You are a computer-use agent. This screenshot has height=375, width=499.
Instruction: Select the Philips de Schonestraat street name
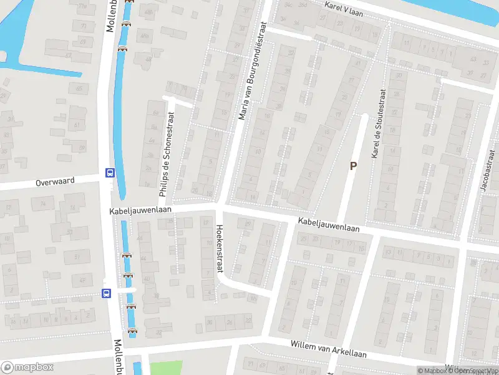(x=167, y=154)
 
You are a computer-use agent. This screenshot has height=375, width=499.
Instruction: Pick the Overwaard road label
(x=55, y=181)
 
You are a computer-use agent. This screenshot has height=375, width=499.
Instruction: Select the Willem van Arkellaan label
(x=328, y=349)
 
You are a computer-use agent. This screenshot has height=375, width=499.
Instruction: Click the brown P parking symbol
(x=353, y=166)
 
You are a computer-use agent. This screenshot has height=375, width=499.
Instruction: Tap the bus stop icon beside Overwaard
(x=110, y=173)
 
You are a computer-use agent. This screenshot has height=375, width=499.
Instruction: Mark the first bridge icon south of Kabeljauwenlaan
(x=127, y=255)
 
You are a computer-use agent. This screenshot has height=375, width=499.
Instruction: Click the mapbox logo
(x=27, y=367)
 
